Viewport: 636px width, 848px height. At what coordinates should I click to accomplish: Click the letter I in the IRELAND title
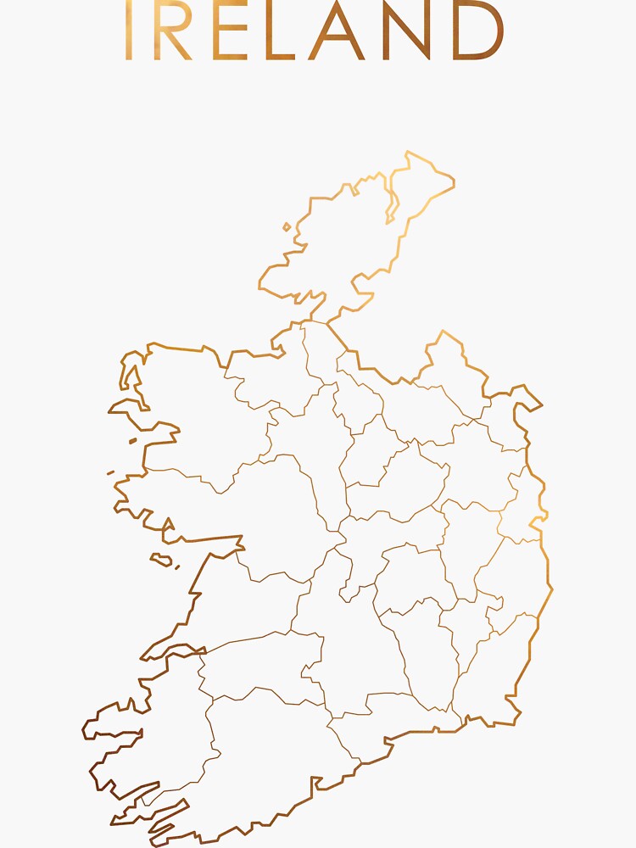[129, 31]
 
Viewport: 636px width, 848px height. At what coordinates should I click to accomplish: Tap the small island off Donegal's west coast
[287, 226]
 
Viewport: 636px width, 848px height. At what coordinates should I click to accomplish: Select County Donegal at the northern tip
[339, 246]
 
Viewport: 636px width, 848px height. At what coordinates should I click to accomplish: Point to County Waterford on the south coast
[399, 712]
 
